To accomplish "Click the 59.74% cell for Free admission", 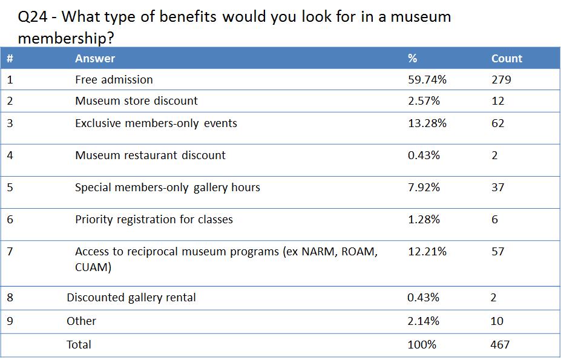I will (427, 80).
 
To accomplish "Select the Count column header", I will (507, 59).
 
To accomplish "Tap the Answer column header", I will (95, 59).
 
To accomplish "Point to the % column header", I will (413, 59).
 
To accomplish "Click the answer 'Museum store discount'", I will (136, 101).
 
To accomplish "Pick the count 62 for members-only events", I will (498, 123).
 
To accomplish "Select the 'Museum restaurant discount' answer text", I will (150, 155).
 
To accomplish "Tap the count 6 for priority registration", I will (494, 220).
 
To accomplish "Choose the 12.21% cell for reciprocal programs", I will (427, 252).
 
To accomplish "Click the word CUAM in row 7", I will (93, 267).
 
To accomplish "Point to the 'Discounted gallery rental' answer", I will (131, 298).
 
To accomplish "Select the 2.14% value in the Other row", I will (424, 321).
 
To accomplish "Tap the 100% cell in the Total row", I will (422, 345).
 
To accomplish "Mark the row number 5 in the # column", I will (10, 188).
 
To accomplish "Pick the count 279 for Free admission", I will (501, 80).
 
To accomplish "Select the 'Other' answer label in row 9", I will (81, 321).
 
